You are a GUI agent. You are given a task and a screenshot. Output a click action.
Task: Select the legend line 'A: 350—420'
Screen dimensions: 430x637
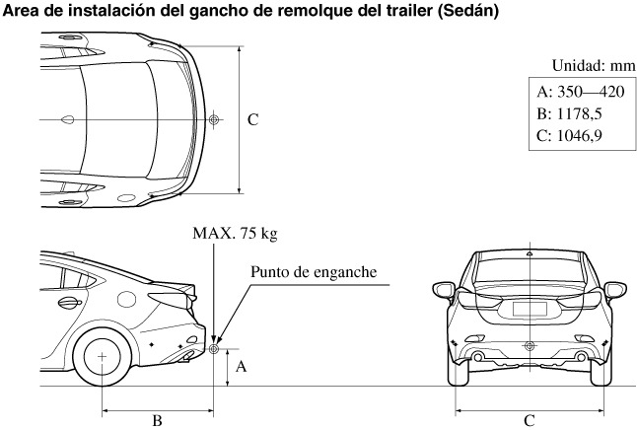pos(580,92)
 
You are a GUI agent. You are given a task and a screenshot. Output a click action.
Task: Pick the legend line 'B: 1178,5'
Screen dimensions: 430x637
pos(572,113)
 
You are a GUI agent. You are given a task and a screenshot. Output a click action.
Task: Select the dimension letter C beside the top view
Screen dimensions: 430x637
pos(252,119)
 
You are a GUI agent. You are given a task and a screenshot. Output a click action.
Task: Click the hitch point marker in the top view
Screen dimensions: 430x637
pos(214,119)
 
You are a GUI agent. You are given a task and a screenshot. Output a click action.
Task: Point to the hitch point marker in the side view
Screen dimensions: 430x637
pos(214,347)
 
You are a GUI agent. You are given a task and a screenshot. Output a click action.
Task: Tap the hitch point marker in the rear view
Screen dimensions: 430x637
pos(530,346)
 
